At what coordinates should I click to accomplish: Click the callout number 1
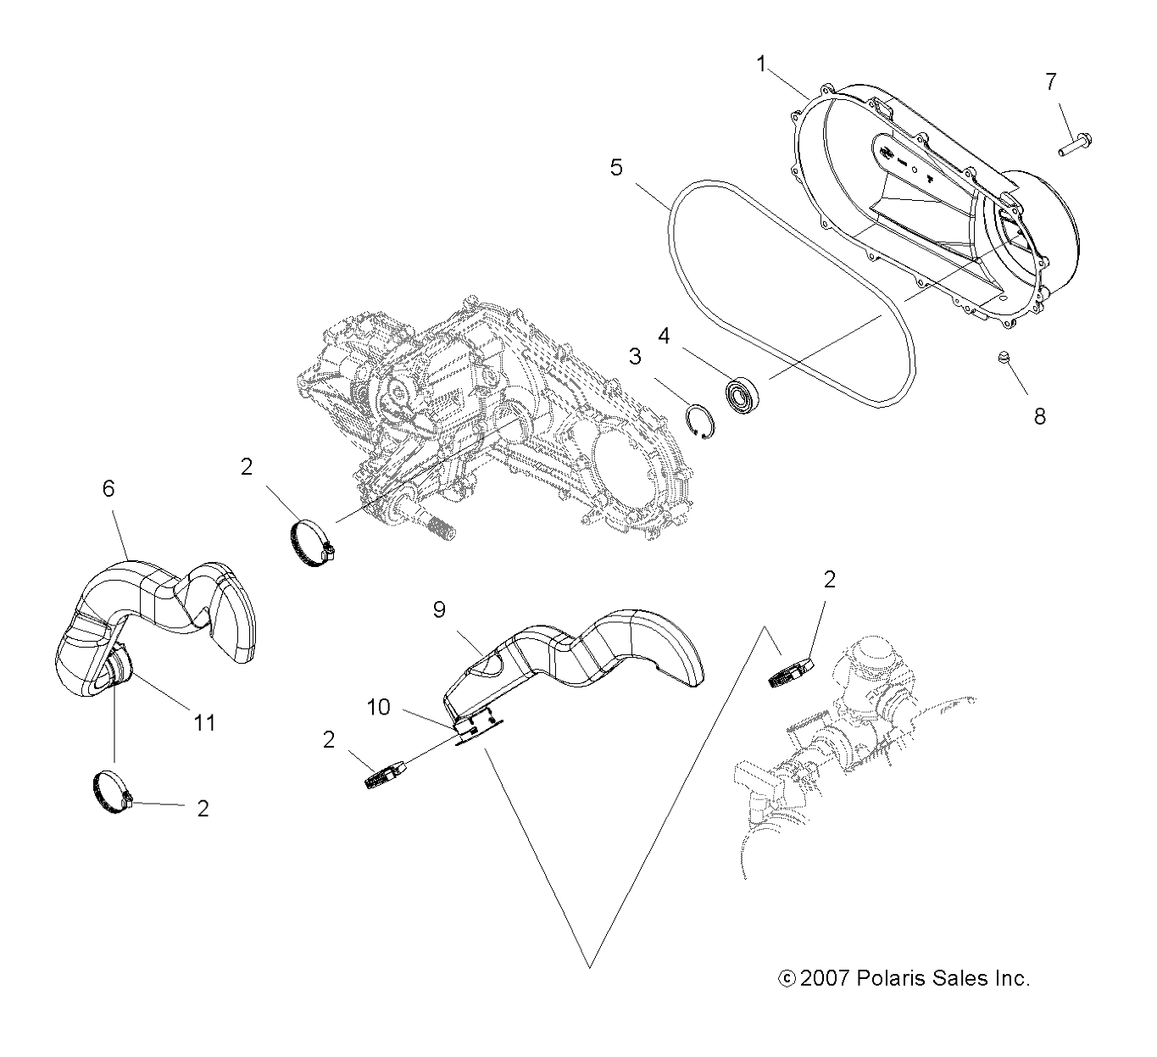point(761,64)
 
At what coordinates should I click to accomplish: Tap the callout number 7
point(1050,82)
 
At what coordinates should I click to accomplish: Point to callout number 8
point(1039,416)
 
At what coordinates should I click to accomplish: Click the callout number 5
point(616,168)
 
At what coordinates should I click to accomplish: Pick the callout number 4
point(664,337)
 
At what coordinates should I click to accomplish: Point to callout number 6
point(108,488)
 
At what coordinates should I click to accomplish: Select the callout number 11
point(205,722)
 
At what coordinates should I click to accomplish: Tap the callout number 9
point(439,610)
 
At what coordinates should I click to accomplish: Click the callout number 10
point(380,707)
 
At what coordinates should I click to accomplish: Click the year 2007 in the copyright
point(825,978)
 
